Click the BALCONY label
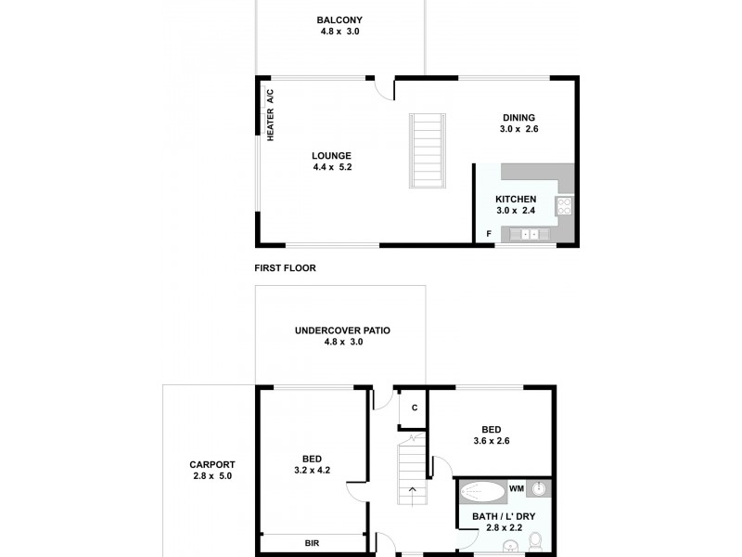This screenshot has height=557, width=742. tap(339, 19)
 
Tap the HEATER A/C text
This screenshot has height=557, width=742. tap(271, 114)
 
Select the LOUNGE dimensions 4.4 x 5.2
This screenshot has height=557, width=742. tap(332, 167)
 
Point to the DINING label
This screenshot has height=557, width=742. tap(519, 117)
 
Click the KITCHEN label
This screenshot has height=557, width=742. tap(516, 200)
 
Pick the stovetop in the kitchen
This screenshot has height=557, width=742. tap(564, 206)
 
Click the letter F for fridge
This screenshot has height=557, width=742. tap(489, 234)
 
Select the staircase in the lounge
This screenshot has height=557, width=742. tap(428, 150)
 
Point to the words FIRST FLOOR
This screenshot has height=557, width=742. tap(285, 268)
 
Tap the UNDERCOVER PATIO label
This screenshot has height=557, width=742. tap(342, 330)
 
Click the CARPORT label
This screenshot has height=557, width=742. tap(212, 465)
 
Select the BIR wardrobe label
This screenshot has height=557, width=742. tap(312, 543)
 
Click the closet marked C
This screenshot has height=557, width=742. tap(414, 408)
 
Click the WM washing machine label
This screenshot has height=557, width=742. tap(517, 488)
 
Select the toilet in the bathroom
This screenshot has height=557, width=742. tap(537, 543)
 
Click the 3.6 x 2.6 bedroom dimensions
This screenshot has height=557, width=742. tap(492, 441)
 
